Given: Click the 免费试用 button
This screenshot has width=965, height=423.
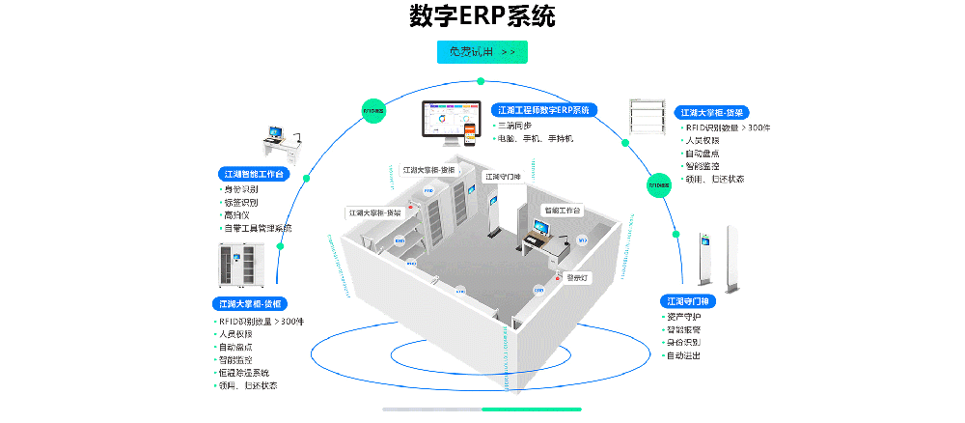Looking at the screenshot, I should pos(482,52).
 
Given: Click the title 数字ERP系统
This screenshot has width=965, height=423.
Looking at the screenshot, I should pos(482,16).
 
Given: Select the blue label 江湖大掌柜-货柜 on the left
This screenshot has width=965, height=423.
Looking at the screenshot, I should pos(247,303).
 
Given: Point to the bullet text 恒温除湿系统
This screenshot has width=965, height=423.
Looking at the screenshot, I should pos(244,373).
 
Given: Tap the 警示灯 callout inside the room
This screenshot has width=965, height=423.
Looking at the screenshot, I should pos(577,277).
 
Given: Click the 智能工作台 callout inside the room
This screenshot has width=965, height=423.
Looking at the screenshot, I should pos(562,210).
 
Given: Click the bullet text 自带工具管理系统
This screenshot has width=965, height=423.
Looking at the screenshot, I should pos(258,229).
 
